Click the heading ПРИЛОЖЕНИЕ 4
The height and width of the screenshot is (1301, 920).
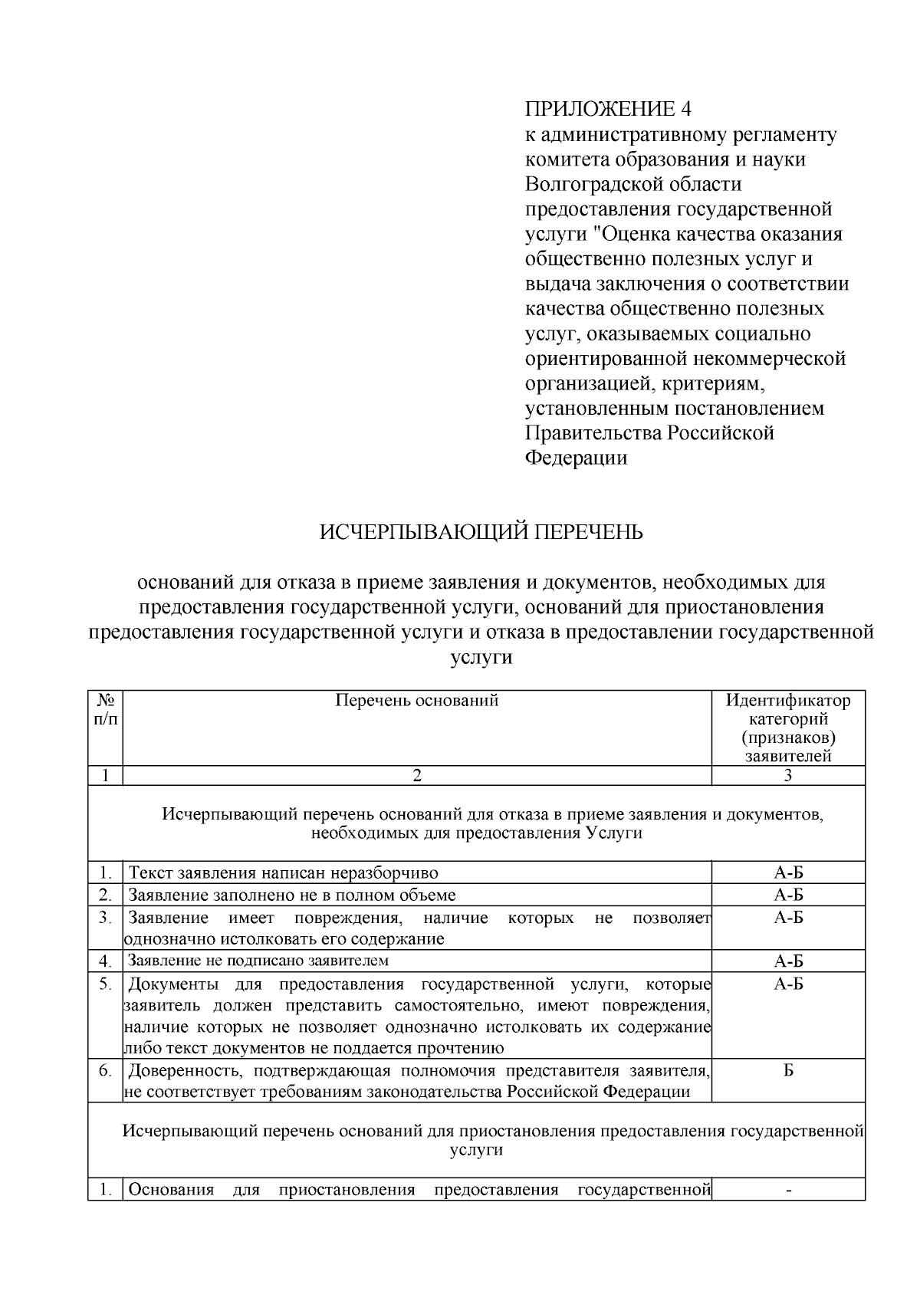coord(608,108)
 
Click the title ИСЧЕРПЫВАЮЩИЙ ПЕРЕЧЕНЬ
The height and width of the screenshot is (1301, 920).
coord(481,531)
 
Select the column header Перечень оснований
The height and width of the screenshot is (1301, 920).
coord(417,700)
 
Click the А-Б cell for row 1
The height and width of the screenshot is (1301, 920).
coord(788,872)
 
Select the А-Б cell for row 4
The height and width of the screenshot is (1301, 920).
coord(788,961)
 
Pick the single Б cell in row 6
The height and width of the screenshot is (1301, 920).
coord(788,1070)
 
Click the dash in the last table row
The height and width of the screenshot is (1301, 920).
coord(788,1191)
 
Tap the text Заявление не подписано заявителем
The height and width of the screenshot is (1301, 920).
coord(258,960)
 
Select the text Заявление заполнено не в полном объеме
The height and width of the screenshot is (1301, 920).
coord(291,895)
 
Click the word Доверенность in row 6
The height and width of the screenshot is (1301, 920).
coord(183,1070)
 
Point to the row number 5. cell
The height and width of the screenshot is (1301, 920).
coord(106,983)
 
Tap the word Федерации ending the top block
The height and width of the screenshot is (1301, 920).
coord(576,458)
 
